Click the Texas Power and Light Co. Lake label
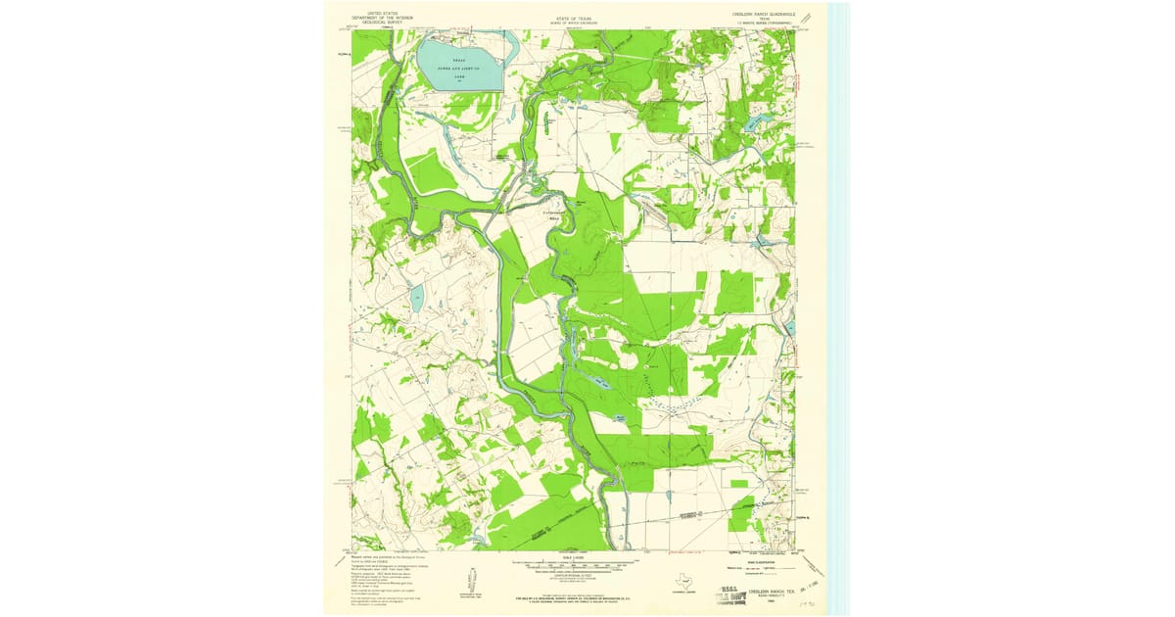[x=459, y=66]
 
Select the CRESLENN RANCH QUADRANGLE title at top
[x=758, y=14]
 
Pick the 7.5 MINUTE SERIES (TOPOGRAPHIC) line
[x=760, y=23]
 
